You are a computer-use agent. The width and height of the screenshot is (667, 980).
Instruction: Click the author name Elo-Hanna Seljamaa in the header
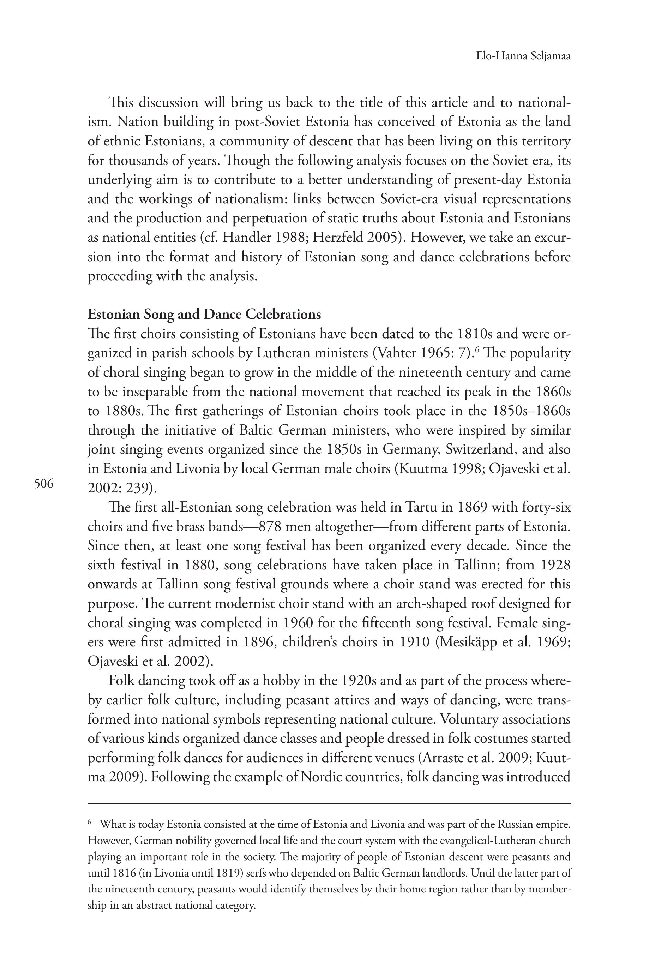[x=523, y=56]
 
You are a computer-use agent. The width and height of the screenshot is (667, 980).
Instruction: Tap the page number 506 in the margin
[x=44, y=484]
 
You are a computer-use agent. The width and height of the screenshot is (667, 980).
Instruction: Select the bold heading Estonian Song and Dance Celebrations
[x=204, y=314]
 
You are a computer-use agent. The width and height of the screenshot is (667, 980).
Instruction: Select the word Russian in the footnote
[x=513, y=824]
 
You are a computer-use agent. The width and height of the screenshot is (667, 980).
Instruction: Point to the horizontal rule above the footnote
[x=329, y=804]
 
